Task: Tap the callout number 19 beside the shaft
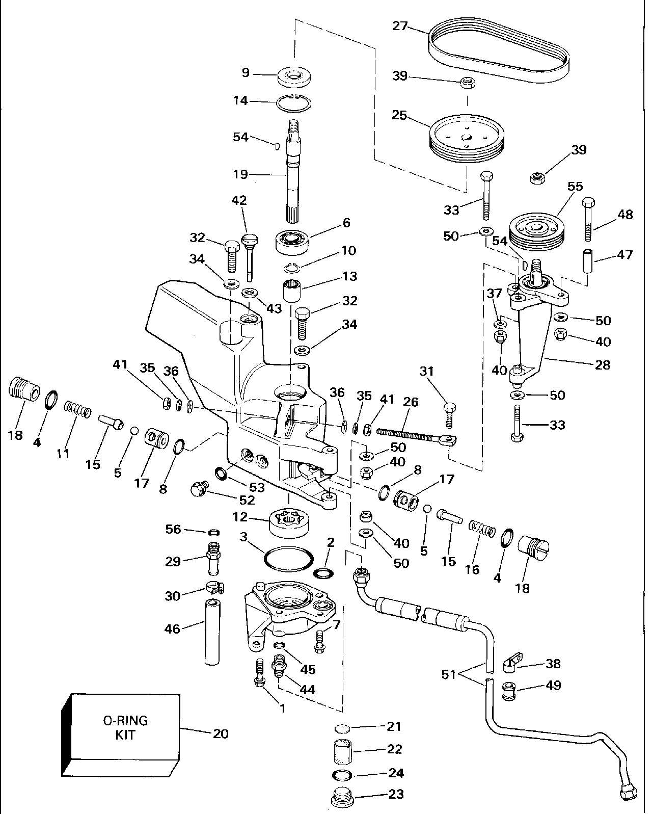240,175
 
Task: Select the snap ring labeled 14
294,103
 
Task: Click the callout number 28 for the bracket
603,364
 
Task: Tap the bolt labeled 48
589,219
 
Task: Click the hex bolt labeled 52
198,490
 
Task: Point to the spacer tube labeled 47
589,260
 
